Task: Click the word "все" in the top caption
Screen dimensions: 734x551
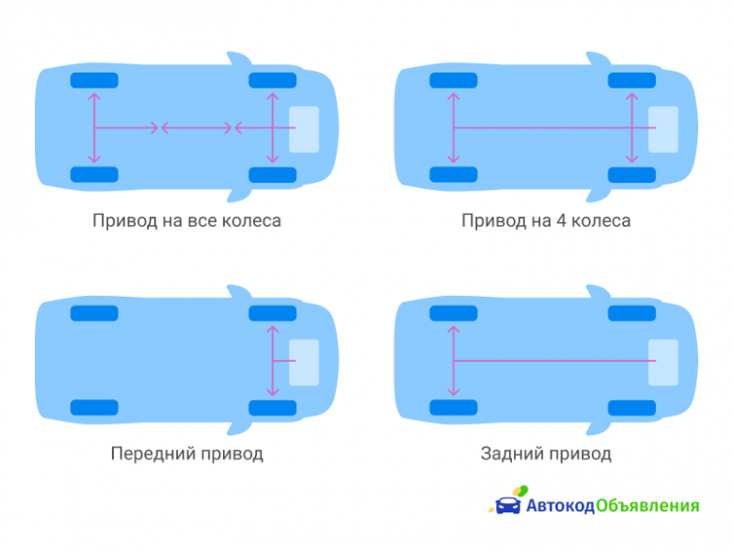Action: click(x=202, y=220)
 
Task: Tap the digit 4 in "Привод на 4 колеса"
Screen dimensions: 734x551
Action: click(x=561, y=220)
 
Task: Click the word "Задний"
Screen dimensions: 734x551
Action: click(x=511, y=454)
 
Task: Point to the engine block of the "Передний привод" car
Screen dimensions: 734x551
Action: click(x=304, y=363)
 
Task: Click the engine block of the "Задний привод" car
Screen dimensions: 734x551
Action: click(x=662, y=363)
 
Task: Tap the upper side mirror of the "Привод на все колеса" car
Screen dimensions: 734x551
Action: click(x=239, y=58)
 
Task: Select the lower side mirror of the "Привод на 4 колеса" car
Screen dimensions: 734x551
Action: click(x=598, y=196)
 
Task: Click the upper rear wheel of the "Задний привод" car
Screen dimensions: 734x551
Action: click(x=454, y=313)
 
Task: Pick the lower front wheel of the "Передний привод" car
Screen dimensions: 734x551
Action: click(x=273, y=408)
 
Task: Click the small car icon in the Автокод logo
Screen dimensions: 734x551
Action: click(x=507, y=505)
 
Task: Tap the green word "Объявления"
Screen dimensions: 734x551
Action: click(x=647, y=506)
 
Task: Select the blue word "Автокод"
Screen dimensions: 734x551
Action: click(x=560, y=506)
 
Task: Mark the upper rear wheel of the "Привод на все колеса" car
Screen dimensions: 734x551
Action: click(x=94, y=80)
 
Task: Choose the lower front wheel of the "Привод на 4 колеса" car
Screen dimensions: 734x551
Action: click(x=631, y=175)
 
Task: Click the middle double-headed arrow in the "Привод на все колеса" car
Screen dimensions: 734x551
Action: click(x=196, y=127)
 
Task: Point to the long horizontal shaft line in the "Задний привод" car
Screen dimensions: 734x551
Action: click(x=554, y=361)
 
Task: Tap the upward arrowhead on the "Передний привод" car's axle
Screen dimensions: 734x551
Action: click(x=273, y=329)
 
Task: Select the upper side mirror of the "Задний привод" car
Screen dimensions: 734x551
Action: click(x=598, y=291)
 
